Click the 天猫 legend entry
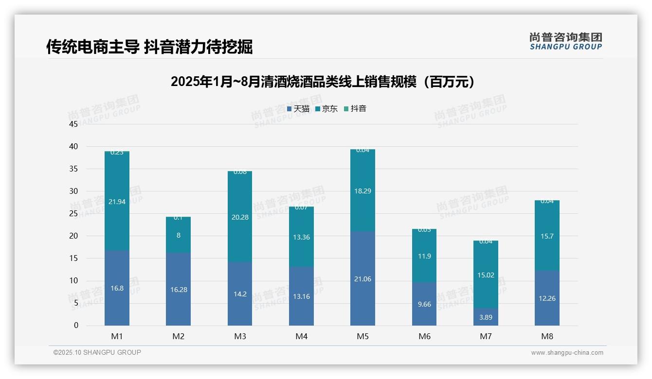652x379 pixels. click(298, 109)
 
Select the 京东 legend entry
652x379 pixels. click(326, 109)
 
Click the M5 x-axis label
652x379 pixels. click(362, 336)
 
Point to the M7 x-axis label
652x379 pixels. click(486, 336)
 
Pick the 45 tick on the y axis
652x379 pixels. click(73, 124)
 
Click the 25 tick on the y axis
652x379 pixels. click(73, 213)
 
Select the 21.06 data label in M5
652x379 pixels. click(362, 279)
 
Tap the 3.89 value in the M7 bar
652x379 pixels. click(486, 317)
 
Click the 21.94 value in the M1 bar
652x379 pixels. click(117, 202)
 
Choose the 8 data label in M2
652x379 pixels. click(178, 235)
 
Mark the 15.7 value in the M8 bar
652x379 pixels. click(547, 236)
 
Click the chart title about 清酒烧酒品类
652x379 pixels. click(322, 82)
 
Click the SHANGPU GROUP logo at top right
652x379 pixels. click(565, 41)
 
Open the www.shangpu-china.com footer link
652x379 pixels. click(567, 353)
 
